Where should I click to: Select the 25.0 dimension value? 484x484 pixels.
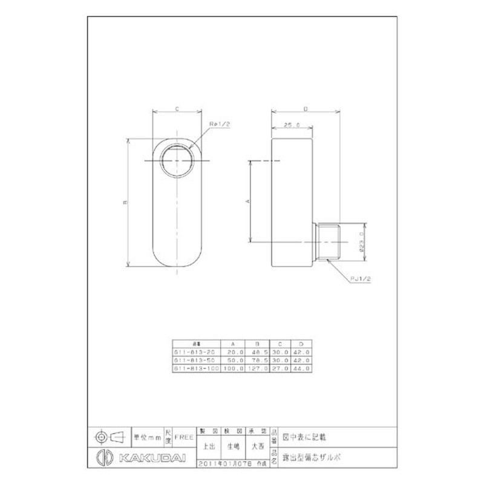click(x=292, y=125)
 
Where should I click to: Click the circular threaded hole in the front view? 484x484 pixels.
click(x=177, y=160)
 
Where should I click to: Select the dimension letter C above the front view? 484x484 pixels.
click(x=176, y=109)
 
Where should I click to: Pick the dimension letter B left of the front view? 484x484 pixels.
click(x=125, y=203)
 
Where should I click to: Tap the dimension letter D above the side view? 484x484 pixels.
click(x=306, y=109)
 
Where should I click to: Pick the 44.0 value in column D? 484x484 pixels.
click(x=302, y=367)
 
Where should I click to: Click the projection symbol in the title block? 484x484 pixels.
click(x=109, y=436)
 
